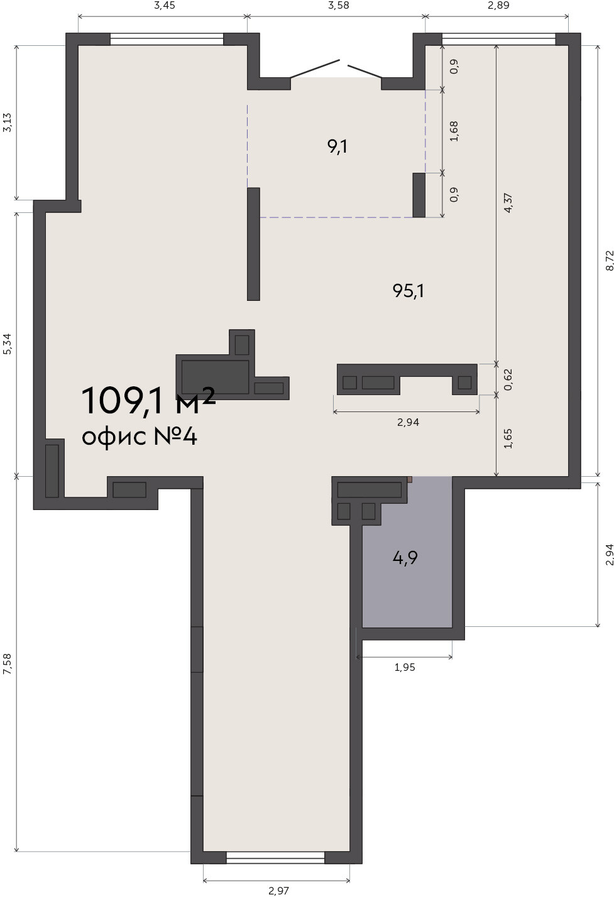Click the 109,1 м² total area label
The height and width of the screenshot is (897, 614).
pos(148,400)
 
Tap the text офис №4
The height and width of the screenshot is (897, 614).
pos(140,437)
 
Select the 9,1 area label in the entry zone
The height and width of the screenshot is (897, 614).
pos(337,147)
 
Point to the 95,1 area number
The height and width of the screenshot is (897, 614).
pos(408,291)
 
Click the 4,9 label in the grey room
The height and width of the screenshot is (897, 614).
pos(405,557)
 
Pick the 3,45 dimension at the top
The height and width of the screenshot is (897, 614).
pos(164,6)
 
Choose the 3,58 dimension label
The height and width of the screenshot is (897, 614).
pos(339,6)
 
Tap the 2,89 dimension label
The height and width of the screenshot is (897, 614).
pos(498,6)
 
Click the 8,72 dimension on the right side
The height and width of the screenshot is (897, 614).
pos(610,261)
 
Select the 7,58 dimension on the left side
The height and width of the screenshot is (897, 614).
pos(8,664)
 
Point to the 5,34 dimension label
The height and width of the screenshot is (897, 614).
pos(8,344)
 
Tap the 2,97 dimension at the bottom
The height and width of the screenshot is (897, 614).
pos(278,891)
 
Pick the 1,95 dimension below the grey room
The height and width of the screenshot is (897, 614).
pos(405,667)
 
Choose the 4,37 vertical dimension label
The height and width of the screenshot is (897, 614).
pos(508,203)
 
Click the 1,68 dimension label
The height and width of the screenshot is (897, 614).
pos(454,131)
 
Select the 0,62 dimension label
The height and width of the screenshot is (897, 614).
pos(508,379)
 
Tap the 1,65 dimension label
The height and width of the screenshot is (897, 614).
pos(508,438)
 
